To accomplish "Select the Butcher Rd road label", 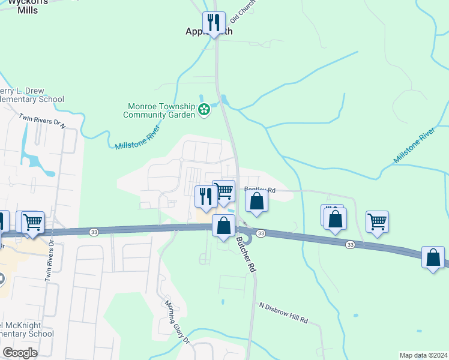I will [x=246, y=254].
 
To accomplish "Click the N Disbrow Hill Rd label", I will [x=283, y=313].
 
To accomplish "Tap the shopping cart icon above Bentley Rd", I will [x=224, y=191].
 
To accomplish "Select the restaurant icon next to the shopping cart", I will [x=206, y=197].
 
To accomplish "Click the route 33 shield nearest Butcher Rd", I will [x=261, y=233].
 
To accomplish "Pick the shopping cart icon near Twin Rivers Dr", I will [x=33, y=221].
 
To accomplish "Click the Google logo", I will [x=20, y=353].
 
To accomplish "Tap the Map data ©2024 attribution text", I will [x=424, y=355].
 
